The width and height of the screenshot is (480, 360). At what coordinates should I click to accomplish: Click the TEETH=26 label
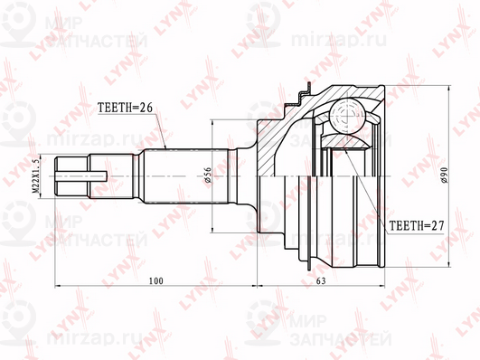(126, 107)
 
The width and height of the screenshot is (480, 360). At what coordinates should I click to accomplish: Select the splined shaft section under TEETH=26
(176, 174)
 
